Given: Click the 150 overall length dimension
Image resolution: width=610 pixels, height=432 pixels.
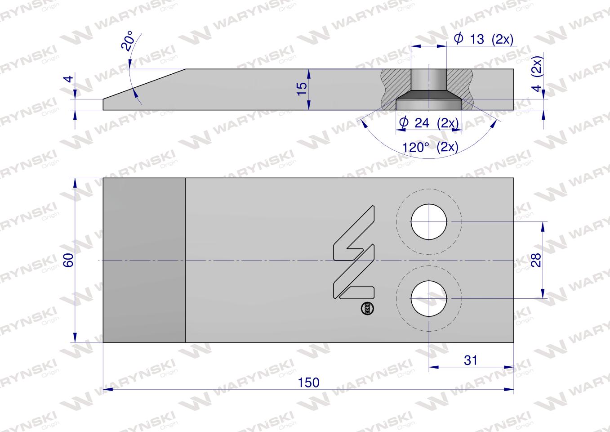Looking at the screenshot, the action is tap(308, 382).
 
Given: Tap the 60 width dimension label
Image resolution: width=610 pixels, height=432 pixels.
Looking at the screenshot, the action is tap(68, 260).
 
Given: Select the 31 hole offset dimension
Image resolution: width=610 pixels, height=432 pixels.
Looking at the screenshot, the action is tap(471, 360).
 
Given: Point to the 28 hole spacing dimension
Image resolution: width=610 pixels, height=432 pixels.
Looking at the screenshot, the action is tap(536, 260).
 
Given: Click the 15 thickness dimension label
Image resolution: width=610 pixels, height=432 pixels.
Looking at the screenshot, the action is tap(302, 89).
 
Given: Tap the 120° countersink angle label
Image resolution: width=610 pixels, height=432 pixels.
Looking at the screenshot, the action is tap(430, 148).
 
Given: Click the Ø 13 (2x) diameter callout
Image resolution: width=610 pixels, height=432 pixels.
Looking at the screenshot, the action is tap(483, 39).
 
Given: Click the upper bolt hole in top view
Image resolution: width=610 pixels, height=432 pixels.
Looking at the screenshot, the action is tap(429, 222).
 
